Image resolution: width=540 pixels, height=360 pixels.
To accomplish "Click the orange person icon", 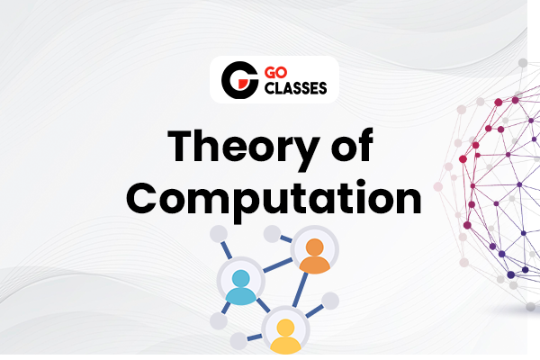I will tap(314, 256).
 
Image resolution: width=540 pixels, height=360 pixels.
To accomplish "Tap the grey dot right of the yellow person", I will tap(330, 300).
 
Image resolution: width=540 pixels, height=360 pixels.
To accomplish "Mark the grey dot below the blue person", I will tap(219, 321).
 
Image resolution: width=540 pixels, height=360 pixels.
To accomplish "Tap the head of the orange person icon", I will tap(314, 247).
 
